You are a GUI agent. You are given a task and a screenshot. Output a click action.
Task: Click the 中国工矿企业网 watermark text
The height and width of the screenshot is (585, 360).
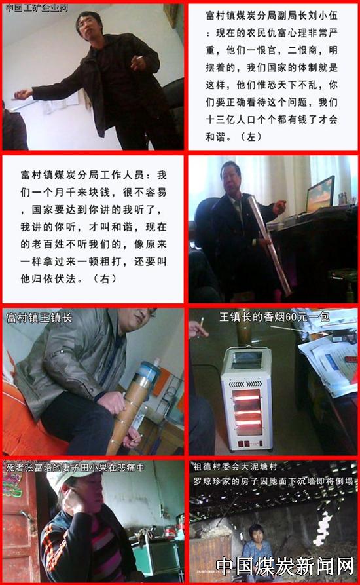tap(37, 7)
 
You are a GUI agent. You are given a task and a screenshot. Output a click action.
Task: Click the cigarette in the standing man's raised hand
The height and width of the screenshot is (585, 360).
tap(139, 58)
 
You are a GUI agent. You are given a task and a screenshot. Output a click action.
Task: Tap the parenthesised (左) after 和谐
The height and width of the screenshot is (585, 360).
tap(251, 136)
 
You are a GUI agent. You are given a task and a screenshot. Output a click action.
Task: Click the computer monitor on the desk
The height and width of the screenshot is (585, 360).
tap(320, 193)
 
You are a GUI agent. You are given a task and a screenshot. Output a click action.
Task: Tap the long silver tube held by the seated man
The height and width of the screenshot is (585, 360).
tap(270, 244)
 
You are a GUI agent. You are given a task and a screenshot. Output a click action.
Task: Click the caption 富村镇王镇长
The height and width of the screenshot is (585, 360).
tap(39, 318)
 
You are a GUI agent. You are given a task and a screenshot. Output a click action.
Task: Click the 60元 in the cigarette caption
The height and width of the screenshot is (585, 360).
tap(297, 317)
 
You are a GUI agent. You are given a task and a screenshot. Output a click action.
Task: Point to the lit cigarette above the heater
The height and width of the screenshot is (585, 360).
tap(202, 322)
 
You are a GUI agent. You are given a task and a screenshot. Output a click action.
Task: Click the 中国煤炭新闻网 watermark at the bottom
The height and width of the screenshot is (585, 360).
tap(285, 566)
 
